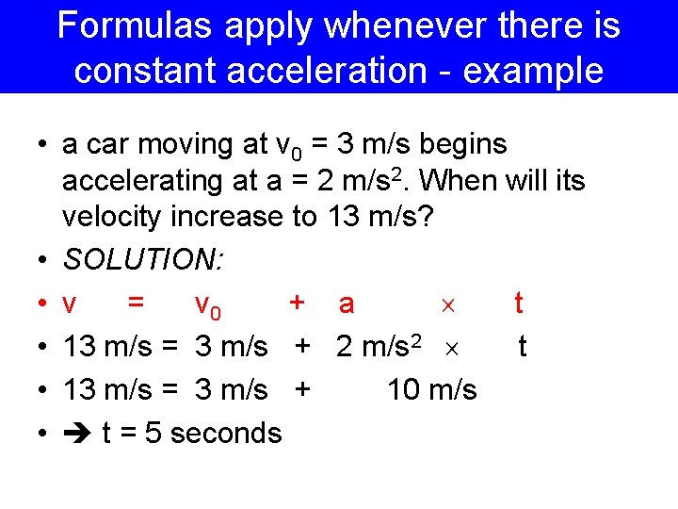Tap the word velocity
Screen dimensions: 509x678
click(x=112, y=217)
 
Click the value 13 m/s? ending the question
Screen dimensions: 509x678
click(x=379, y=217)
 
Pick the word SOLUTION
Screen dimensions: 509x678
click(x=154, y=260)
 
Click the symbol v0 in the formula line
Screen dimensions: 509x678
click(x=208, y=304)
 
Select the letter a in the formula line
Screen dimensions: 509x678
click(x=347, y=304)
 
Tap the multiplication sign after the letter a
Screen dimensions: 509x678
click(x=448, y=304)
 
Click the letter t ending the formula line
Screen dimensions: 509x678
click(x=519, y=304)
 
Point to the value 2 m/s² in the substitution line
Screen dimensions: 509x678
click(x=379, y=346)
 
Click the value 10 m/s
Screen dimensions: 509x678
click(x=431, y=389)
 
